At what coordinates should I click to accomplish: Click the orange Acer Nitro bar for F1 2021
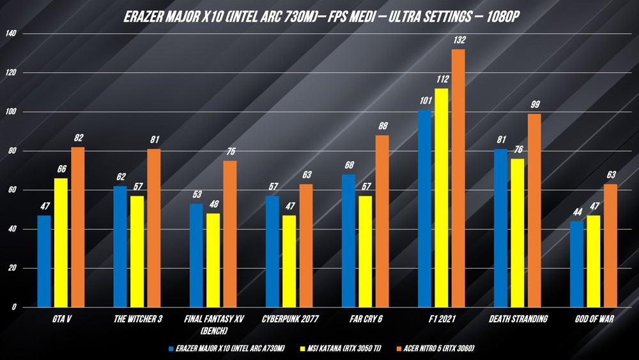coord(458,179)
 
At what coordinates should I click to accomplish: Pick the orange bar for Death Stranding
coord(534,211)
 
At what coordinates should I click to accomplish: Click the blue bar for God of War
coord(576,264)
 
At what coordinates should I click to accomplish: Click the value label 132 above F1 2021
coord(459,40)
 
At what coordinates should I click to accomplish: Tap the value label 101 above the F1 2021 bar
coord(424,100)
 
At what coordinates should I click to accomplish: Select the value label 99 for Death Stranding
coord(534,105)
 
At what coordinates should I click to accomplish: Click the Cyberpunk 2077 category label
coord(289,318)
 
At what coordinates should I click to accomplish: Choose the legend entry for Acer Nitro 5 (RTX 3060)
coord(438,348)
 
